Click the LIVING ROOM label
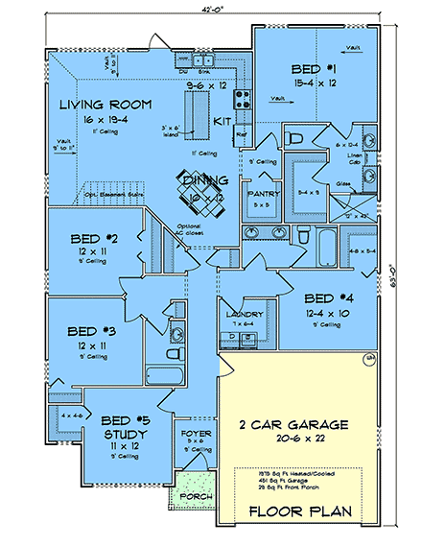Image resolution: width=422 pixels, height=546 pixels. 100,105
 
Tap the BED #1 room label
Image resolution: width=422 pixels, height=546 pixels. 314,70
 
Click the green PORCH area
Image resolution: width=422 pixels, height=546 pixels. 197,496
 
